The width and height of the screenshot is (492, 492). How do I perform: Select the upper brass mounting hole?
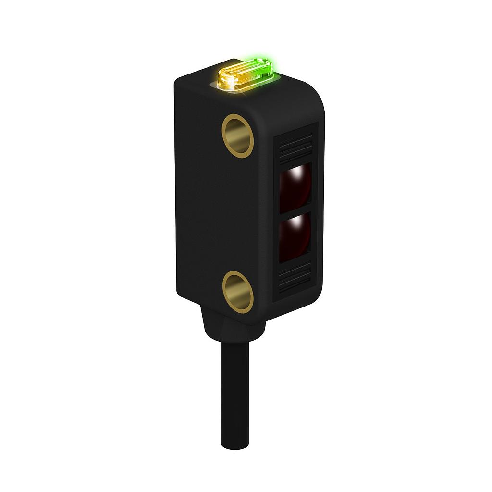[x=238, y=136]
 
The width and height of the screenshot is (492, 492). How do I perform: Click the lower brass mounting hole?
[x=238, y=292]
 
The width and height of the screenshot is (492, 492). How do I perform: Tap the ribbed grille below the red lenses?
[x=295, y=278]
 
